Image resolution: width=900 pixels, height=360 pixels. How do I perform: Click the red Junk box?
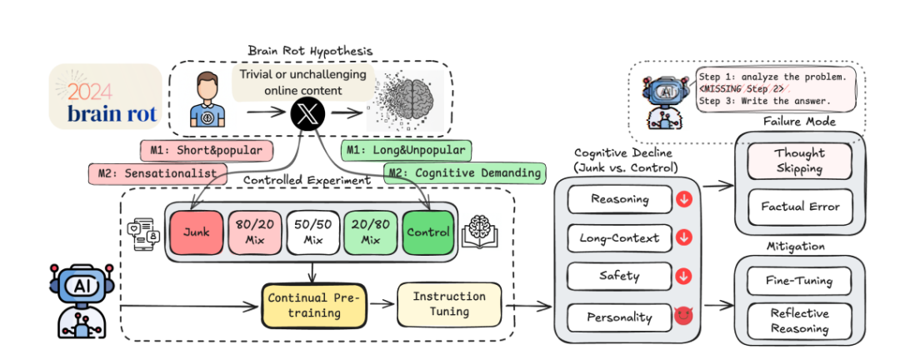pos(197,232)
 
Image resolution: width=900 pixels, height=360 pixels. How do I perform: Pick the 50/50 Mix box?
pos(313,232)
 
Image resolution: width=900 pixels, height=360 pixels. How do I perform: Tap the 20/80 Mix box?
pos(371,232)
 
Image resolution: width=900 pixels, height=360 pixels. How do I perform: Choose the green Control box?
pos(428,232)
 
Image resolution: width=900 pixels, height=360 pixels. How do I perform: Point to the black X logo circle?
pos(307,112)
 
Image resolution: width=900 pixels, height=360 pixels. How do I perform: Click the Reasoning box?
pos(620,199)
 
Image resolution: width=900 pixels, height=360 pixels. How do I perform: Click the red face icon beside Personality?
pos(684,316)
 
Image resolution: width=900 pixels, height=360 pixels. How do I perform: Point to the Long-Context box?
pos(620,237)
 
